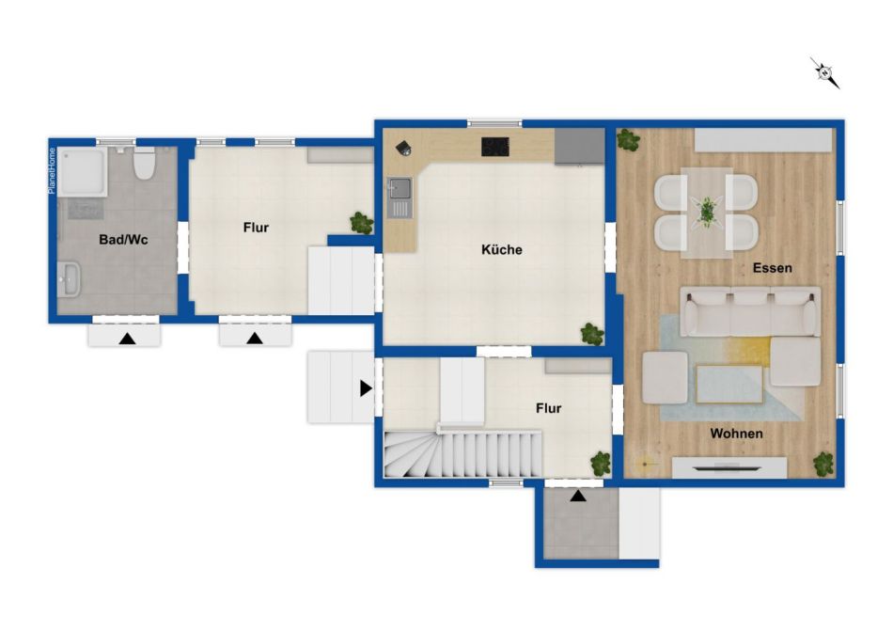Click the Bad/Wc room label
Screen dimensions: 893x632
pyautogui.click(x=123, y=239)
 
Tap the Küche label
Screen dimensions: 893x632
pyautogui.click(x=502, y=249)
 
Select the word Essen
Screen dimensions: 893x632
pyautogui.click(x=773, y=268)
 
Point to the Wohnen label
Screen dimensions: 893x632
pyautogui.click(x=736, y=434)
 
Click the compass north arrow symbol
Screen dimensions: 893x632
pyautogui.click(x=825, y=73)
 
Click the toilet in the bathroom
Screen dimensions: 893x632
pyautogui.click(x=144, y=163)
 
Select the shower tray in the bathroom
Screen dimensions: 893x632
pyautogui.click(x=82, y=171)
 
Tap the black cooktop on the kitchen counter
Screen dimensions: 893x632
pyautogui.click(x=494, y=147)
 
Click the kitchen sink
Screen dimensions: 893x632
pyautogui.click(x=399, y=197)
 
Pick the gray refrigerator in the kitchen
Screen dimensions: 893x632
pyautogui.click(x=579, y=147)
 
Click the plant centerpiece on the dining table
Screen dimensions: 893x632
pyautogui.click(x=707, y=212)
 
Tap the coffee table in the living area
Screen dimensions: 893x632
pyautogui.click(x=729, y=384)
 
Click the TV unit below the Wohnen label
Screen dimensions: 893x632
pyautogui.click(x=729, y=467)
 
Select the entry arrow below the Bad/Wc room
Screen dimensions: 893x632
pyautogui.click(x=127, y=340)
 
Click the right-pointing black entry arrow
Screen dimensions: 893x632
pyautogui.click(x=366, y=388)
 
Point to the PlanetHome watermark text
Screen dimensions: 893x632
pyautogui.click(x=52, y=171)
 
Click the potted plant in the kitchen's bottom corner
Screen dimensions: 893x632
pyautogui.click(x=592, y=334)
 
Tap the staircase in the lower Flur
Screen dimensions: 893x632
pyautogui.click(x=462, y=453)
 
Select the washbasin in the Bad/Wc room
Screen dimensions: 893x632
pyautogui.click(x=70, y=279)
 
